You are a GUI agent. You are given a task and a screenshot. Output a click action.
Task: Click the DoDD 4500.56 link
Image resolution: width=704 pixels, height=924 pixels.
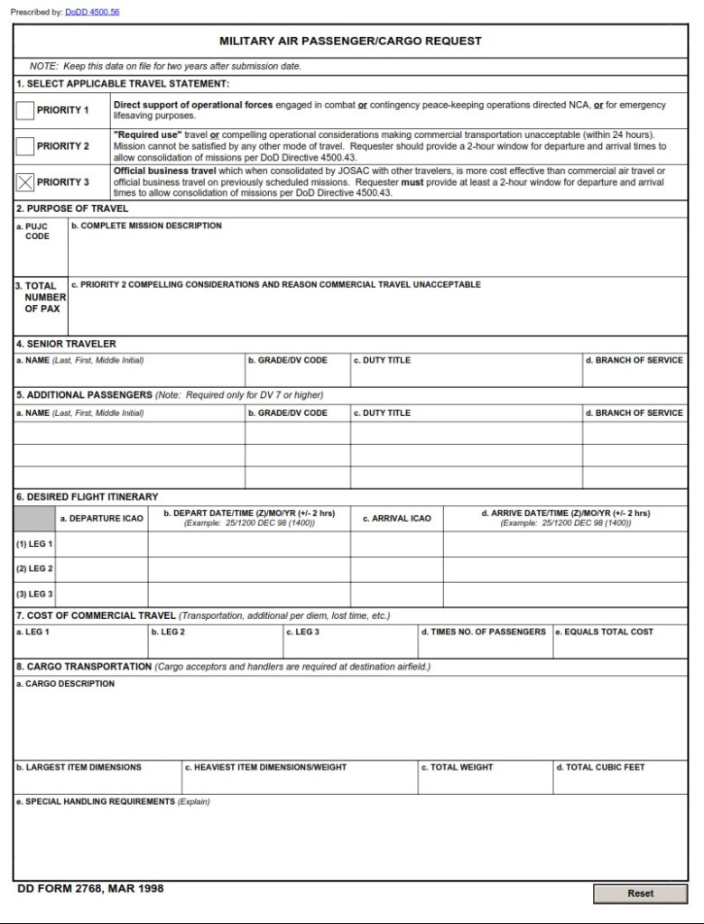[92, 12]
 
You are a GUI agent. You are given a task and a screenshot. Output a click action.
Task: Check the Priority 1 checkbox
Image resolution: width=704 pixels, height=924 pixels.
[25, 111]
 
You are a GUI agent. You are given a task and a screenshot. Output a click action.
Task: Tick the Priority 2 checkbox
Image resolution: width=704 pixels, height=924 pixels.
[25, 146]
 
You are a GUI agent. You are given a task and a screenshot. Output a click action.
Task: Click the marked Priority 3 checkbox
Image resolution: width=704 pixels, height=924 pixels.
[25, 182]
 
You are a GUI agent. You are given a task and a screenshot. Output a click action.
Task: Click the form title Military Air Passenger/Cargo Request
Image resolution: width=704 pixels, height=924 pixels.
[350, 41]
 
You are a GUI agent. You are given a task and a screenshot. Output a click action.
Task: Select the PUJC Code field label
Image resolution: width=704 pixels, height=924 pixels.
[37, 231]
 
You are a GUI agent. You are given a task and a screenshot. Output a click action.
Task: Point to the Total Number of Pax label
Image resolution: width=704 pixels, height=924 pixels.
[42, 297]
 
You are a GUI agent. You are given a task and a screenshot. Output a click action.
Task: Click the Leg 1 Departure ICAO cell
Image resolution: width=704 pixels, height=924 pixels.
[102, 544]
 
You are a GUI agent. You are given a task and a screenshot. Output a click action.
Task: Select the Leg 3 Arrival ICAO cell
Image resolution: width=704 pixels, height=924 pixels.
[396, 594]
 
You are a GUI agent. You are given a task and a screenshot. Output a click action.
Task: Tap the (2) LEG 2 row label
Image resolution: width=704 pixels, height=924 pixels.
[34, 569]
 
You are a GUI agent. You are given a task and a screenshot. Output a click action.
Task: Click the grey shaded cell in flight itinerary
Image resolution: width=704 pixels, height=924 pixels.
[34, 519]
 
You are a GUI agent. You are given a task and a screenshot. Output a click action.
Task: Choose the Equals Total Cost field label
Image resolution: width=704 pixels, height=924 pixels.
[604, 632]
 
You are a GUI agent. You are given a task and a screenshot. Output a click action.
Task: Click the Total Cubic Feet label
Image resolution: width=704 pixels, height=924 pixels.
[600, 767]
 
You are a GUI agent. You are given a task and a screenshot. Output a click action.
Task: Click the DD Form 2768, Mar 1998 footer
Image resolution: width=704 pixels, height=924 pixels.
[90, 889]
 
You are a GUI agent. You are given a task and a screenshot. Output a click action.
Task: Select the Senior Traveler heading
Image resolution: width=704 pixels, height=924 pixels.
[66, 344]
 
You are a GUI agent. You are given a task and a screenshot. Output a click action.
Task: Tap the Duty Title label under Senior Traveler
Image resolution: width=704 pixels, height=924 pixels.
[382, 360]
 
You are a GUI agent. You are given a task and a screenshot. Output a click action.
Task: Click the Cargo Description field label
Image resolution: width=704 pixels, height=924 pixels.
[66, 684]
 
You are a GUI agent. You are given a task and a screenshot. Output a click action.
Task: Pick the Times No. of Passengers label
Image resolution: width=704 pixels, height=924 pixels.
[483, 632]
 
